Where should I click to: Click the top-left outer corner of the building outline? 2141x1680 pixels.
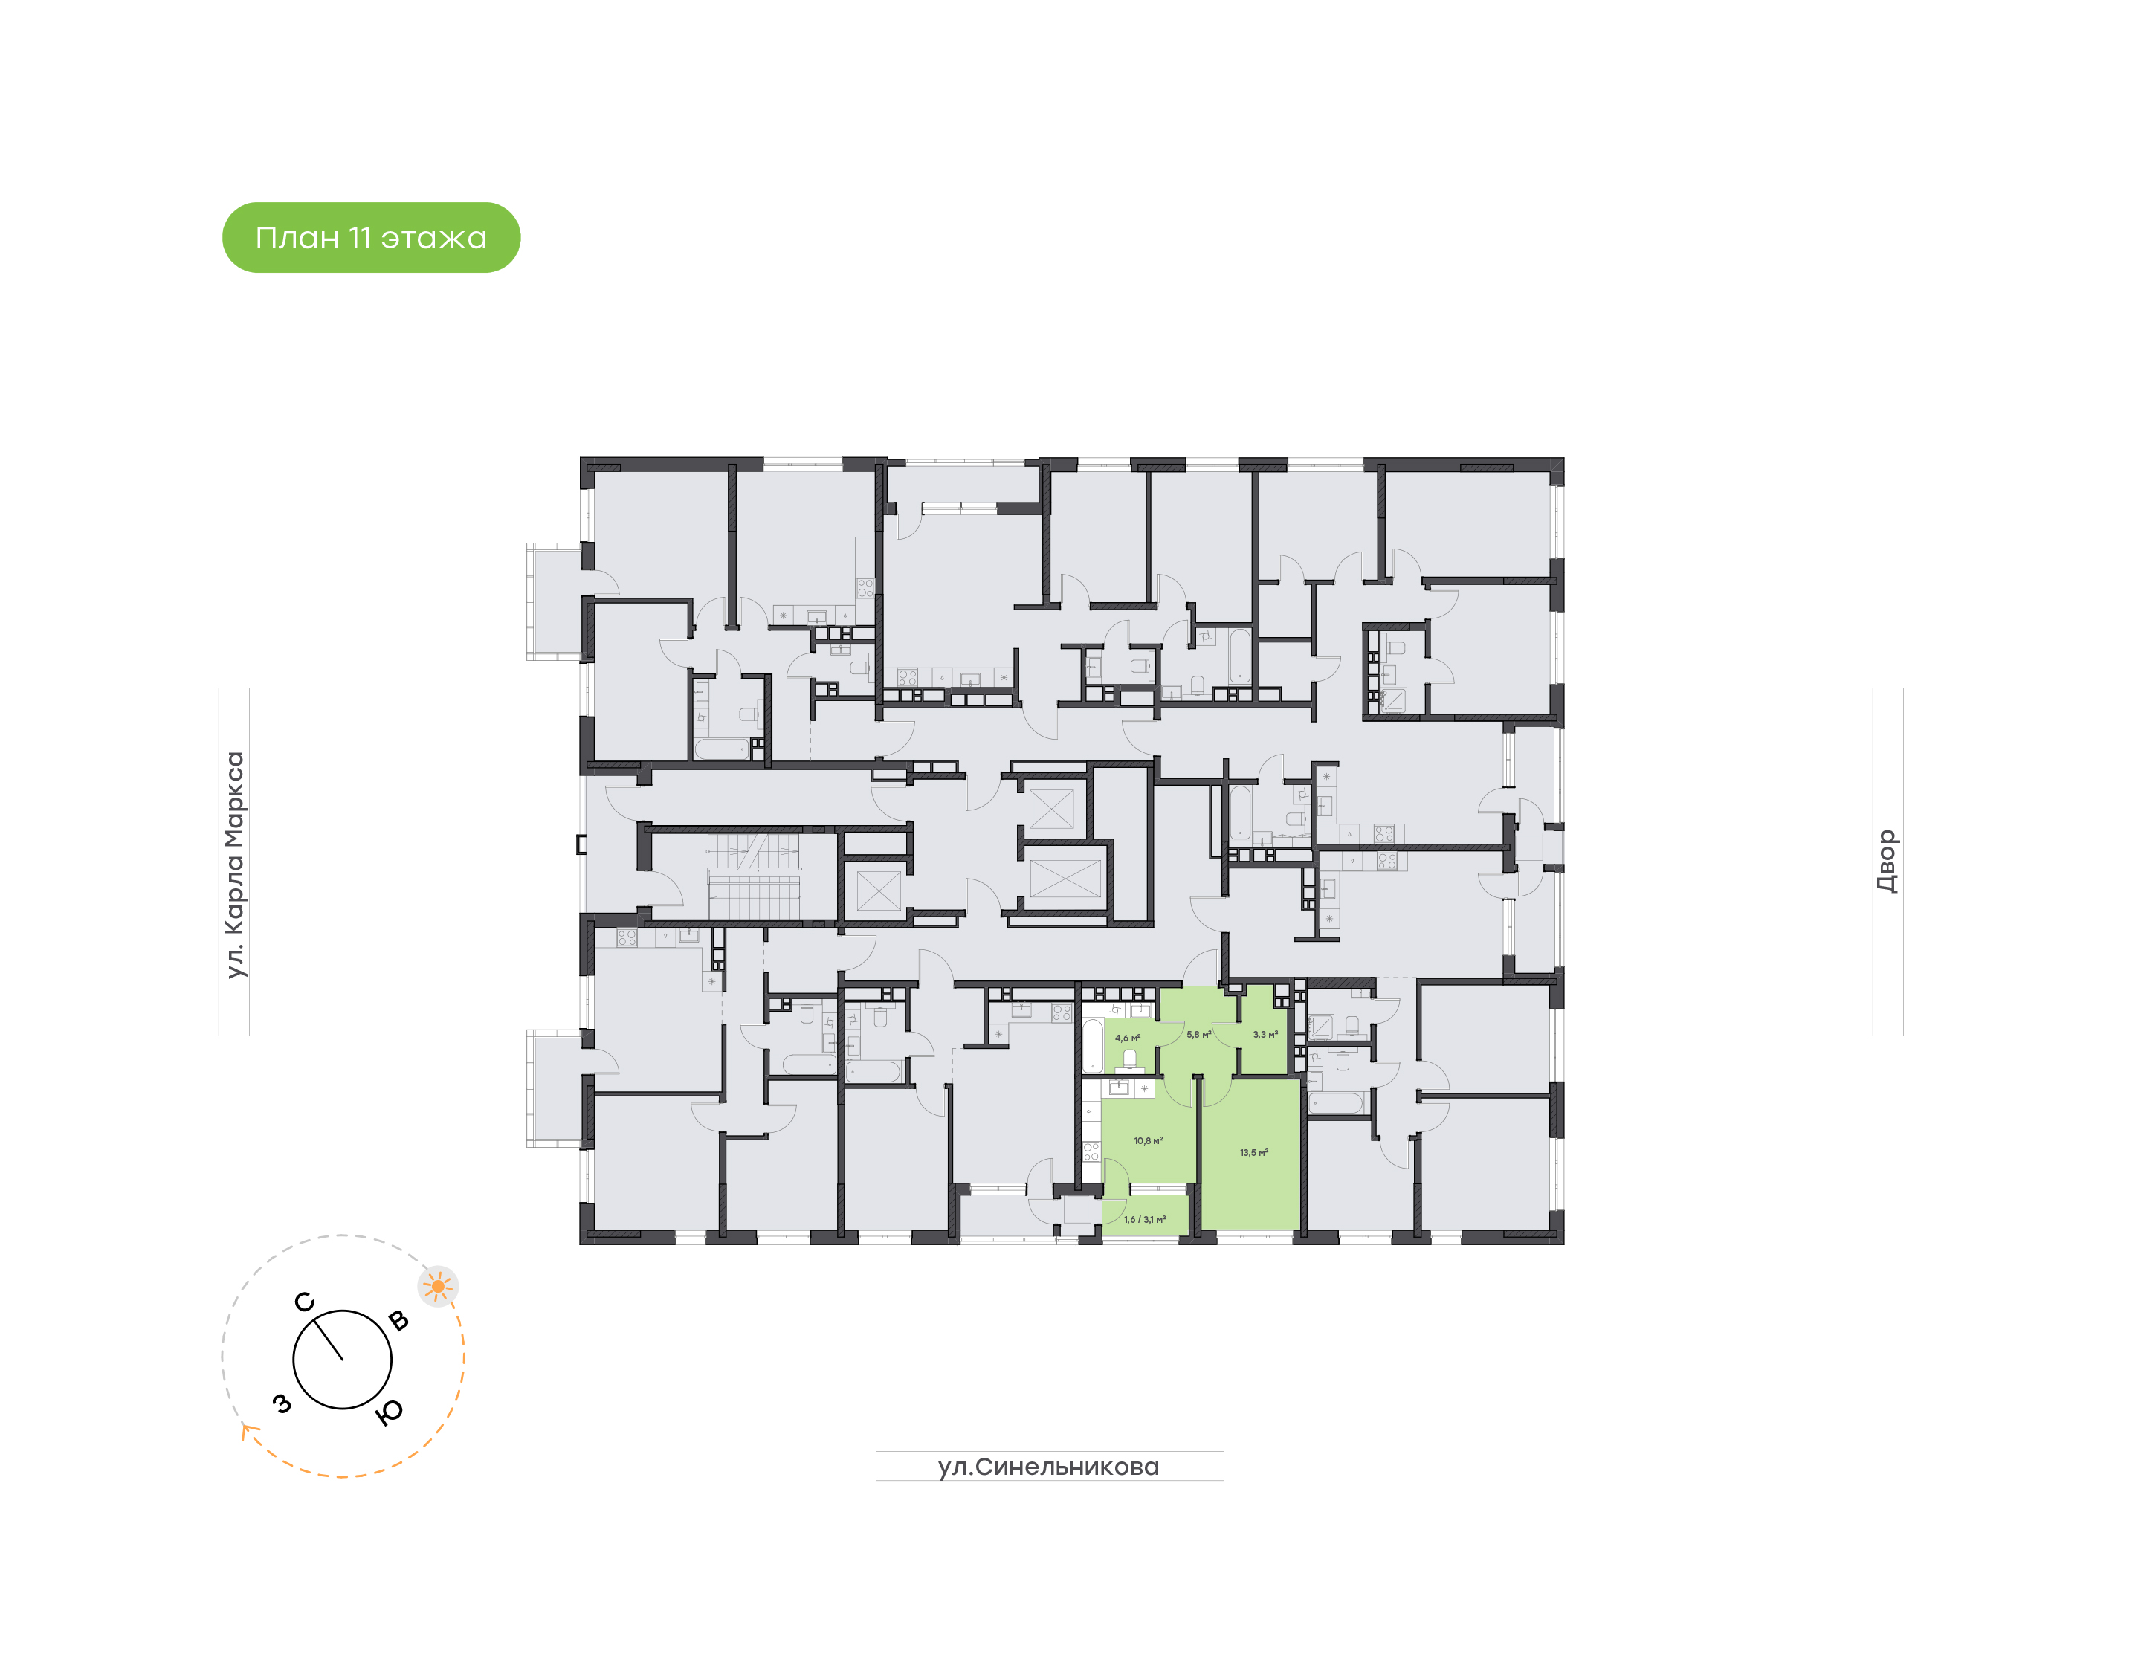(x=581, y=457)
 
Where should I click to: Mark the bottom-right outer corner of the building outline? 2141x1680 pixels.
(x=1563, y=1244)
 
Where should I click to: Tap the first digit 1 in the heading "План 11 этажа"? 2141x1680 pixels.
(x=354, y=238)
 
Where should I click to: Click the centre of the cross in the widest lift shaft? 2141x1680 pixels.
(x=1065, y=877)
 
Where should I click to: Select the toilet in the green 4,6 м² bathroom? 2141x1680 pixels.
(x=1130, y=1059)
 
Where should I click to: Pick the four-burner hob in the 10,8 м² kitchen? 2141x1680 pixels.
(x=1091, y=1151)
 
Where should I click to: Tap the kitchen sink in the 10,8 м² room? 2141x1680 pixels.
(x=1119, y=1088)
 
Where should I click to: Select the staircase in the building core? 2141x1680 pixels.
(x=753, y=876)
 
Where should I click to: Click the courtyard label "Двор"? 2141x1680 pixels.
(x=1886, y=861)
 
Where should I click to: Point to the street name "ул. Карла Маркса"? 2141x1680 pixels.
(x=234, y=865)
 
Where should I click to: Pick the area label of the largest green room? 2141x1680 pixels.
(x=1254, y=1153)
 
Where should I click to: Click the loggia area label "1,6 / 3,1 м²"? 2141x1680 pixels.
(x=1145, y=1220)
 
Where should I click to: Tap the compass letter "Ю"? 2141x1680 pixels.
(x=390, y=1412)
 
